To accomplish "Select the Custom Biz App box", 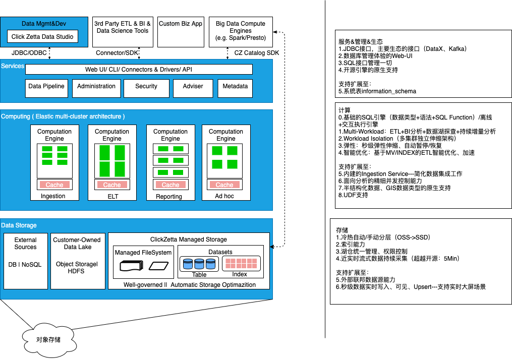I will tap(181, 31).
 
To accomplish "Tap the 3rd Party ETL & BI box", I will tap(123, 31).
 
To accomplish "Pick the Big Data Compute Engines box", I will tap(241, 31).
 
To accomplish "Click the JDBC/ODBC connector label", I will tap(30, 52).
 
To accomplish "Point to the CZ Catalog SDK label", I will tap(256, 52).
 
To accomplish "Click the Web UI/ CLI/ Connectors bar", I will tap(139, 69).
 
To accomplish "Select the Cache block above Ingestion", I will tap(54, 185).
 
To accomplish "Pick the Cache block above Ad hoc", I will tap(225, 185).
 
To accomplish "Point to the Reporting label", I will tap(169, 197).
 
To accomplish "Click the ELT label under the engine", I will tap(112, 197).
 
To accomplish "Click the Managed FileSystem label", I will tap(143, 253).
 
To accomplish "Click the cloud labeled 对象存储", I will tap(48, 339).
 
